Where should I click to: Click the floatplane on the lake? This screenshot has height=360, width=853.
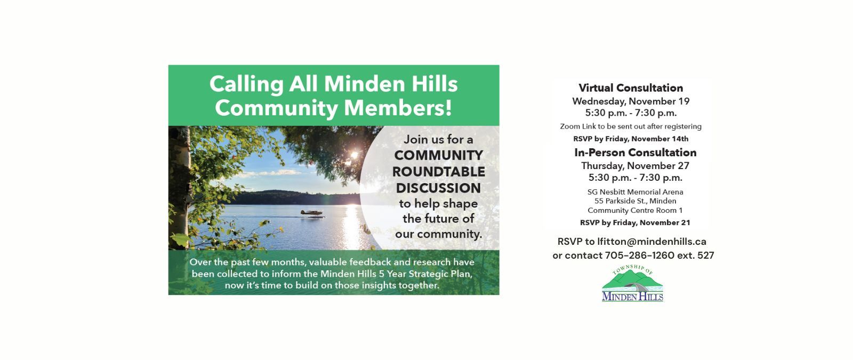pos(311,213)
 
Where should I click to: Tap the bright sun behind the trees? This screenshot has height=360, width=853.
pos(352,155)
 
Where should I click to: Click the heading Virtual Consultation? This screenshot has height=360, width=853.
pos(631,88)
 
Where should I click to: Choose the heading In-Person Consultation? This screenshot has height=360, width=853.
pos(635,153)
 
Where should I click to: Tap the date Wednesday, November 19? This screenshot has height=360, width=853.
pos(631,101)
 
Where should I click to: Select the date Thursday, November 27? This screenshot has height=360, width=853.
pos(635,166)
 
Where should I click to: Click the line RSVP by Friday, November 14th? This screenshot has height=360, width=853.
pos(631,139)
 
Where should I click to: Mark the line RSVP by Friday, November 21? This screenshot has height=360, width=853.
pos(635,222)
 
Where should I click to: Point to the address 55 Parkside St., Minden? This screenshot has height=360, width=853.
pos(635,201)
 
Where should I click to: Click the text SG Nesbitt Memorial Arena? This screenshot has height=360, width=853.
pos(635,192)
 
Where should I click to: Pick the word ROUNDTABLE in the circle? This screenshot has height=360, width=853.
pos(439,172)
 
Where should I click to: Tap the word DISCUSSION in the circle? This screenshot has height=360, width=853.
pos(438,188)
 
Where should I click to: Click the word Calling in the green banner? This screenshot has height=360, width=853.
pos(246,84)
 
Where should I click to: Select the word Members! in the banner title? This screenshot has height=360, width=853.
pos(398,108)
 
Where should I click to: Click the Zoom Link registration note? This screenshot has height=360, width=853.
pos(631,126)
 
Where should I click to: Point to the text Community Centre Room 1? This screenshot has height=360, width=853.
pos(635,210)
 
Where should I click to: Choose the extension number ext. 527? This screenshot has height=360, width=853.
pos(695,255)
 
